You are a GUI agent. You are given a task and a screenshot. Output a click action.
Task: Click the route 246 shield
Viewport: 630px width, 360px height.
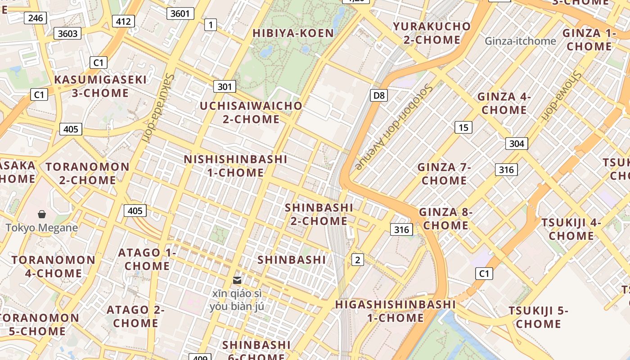click(35, 18)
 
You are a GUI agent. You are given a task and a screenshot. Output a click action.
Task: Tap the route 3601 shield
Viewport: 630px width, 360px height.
click(180, 13)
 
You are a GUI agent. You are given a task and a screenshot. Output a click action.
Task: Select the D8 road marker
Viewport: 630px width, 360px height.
click(379, 95)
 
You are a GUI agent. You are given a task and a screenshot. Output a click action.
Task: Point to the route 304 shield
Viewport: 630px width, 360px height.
click(517, 144)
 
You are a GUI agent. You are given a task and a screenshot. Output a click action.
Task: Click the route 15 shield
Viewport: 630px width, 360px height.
click(463, 127)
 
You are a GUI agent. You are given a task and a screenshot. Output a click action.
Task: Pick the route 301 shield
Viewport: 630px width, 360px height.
click(224, 86)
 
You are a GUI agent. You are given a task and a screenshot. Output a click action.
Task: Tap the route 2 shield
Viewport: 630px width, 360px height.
click(357, 259)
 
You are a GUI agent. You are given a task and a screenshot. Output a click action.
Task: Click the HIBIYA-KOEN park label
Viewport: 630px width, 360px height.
click(293, 33)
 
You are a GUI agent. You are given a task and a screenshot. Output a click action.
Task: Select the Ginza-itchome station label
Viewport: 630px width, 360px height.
click(520, 41)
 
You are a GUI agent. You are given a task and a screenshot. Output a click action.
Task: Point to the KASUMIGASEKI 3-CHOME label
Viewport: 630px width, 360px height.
click(100, 86)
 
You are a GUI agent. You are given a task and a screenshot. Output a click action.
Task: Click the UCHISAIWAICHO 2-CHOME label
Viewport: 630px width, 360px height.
click(251, 112)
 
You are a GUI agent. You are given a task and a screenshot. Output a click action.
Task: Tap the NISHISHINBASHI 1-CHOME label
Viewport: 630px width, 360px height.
click(235, 166)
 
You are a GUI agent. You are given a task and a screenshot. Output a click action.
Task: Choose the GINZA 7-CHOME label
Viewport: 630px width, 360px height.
click(444, 174)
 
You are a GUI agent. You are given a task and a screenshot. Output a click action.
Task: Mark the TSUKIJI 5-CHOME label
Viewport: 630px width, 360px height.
click(538, 317)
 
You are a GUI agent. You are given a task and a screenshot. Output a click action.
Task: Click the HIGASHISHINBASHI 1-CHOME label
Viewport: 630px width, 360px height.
click(395, 311)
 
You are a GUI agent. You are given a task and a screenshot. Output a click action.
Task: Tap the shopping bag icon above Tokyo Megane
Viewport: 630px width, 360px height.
click(42, 214)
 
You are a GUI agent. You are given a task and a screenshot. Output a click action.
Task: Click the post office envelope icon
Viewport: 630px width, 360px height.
click(237, 280)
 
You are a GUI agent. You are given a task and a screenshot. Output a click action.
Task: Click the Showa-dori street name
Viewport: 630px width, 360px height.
click(560, 97)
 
